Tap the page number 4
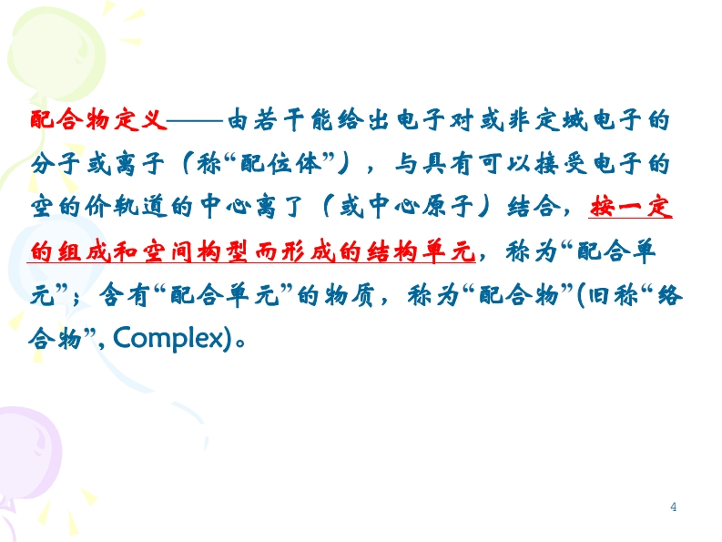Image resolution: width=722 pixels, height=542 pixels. (673, 507)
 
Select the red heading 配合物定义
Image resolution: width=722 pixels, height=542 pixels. (98, 120)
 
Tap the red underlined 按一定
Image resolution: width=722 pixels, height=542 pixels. (630, 207)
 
